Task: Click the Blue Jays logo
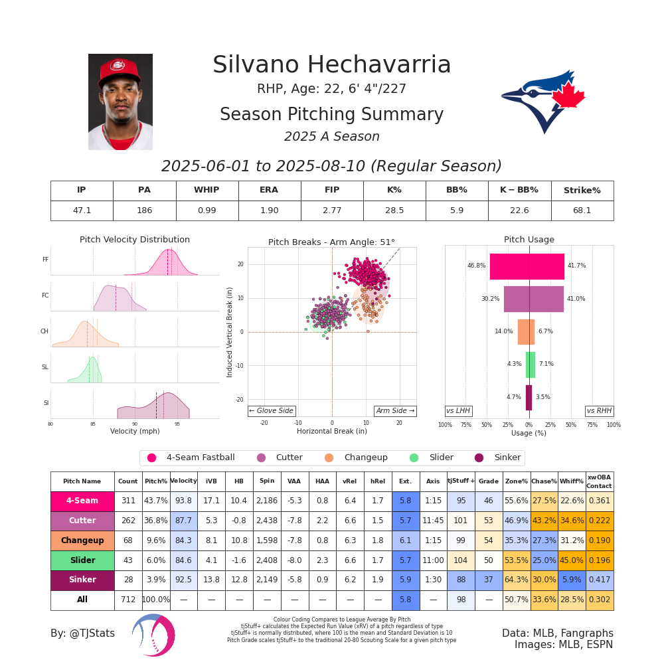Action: click(543, 100)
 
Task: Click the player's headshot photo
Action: click(120, 102)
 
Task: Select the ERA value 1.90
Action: click(269, 210)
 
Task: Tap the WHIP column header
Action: click(207, 191)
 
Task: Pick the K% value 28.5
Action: click(394, 210)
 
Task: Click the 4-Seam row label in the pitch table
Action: click(82, 501)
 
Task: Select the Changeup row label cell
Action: click(82, 540)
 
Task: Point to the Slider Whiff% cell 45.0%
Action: click(571, 560)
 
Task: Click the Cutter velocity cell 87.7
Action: click(183, 521)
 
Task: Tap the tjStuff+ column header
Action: click(461, 481)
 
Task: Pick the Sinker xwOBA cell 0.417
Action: click(600, 580)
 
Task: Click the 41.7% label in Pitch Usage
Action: click(576, 266)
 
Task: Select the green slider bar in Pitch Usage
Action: click(530, 365)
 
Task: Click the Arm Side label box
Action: click(395, 411)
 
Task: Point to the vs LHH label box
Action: click(458, 411)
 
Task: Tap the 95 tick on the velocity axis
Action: click(177, 424)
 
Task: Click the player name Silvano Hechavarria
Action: click(331, 65)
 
